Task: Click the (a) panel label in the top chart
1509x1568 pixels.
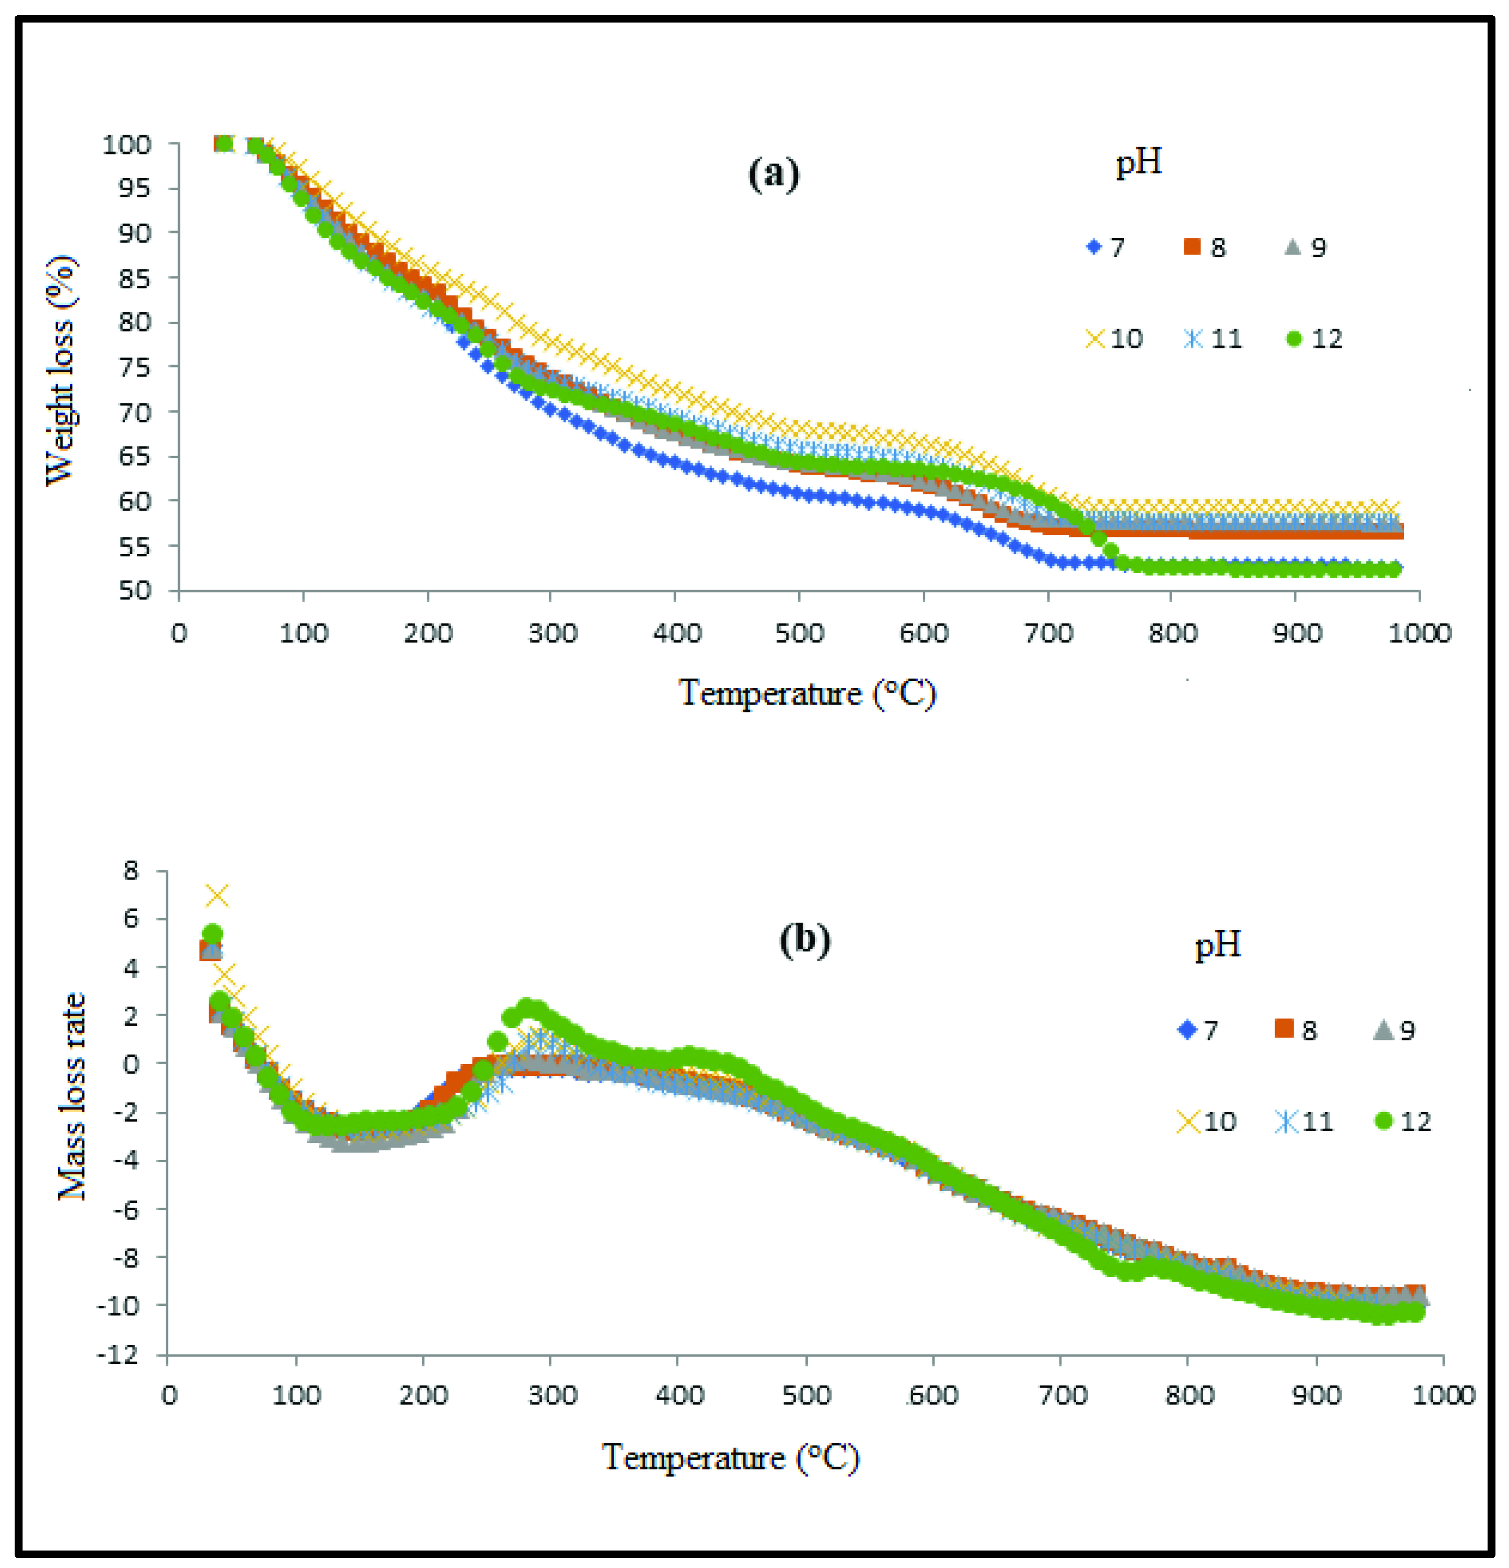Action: pyautogui.click(x=773, y=174)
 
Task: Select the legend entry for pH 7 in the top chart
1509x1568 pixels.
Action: pyautogui.click(x=1106, y=247)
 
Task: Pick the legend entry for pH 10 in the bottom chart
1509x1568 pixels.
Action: pyautogui.click(x=1206, y=1122)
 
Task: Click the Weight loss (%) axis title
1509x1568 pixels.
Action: pyautogui.click(x=61, y=370)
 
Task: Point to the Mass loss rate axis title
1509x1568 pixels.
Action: pyautogui.click(x=72, y=1097)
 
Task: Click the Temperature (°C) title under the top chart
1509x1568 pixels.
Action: pyautogui.click(x=807, y=693)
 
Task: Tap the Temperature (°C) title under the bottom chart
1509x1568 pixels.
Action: pyautogui.click(x=729, y=1458)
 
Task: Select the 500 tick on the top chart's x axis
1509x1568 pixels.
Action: pyautogui.click(x=799, y=634)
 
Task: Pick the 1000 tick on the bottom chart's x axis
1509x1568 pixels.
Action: pyautogui.click(x=1442, y=1396)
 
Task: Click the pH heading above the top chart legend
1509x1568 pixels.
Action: pyautogui.click(x=1138, y=162)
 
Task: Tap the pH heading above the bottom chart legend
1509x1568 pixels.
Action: pyautogui.click(x=1218, y=946)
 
